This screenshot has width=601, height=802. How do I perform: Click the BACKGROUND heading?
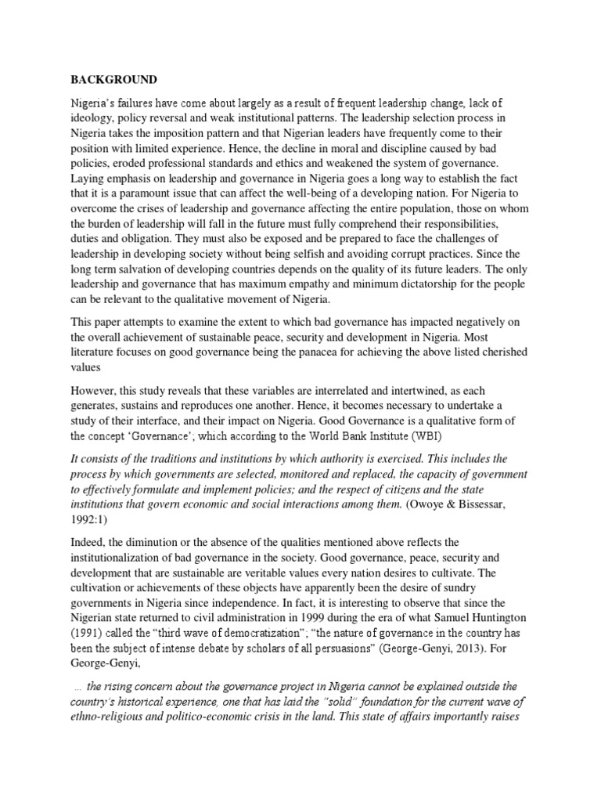click(x=114, y=80)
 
